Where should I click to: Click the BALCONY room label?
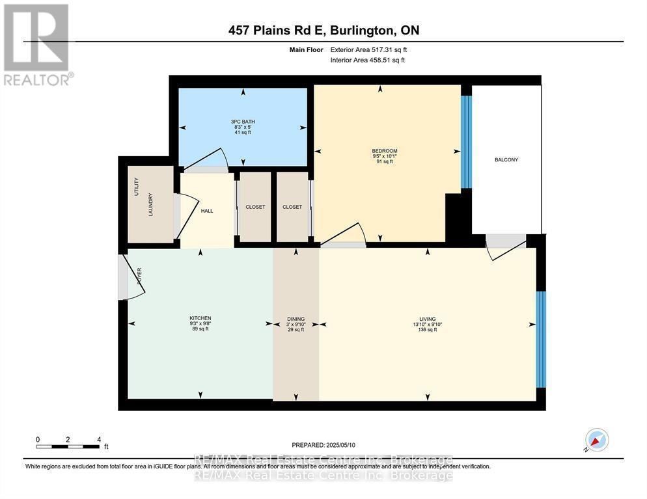(506, 159)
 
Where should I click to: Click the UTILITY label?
(137, 187)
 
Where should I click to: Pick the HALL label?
(206, 211)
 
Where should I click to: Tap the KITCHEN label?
(200, 318)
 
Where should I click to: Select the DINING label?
(296, 319)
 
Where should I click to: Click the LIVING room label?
(427, 319)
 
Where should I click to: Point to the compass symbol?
(596, 440)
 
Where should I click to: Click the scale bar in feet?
(69, 446)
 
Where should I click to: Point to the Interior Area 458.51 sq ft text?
(368, 60)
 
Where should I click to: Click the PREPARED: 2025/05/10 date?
(323, 445)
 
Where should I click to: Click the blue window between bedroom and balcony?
(465, 142)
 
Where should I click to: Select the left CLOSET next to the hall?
(255, 207)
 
